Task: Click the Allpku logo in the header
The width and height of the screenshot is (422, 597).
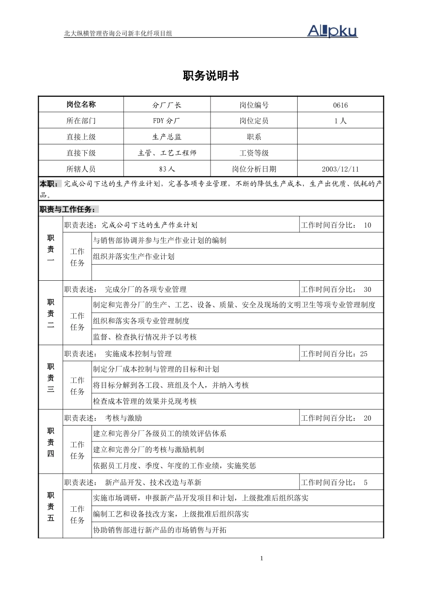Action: click(332, 31)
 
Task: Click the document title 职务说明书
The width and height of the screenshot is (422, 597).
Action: click(211, 76)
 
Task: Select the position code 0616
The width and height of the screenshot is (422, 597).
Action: click(340, 105)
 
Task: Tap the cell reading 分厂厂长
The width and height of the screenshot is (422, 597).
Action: click(167, 105)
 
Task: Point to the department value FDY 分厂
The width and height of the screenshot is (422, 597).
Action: click(167, 121)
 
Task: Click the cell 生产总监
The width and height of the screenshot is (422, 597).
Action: click(167, 137)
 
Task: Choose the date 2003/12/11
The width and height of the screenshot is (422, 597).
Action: click(340, 169)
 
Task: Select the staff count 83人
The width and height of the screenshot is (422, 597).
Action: click(167, 169)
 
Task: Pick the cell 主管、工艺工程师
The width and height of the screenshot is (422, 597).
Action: click(167, 153)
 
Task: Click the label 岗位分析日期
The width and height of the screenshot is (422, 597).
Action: click(254, 169)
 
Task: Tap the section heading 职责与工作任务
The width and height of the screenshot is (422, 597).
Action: click(67, 209)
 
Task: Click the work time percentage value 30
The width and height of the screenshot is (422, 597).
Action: click(367, 290)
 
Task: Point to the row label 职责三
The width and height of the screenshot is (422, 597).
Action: click(51, 378)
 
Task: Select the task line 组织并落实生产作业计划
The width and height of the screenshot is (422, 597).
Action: click(134, 257)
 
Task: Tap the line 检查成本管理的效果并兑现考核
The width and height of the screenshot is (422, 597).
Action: click(145, 401)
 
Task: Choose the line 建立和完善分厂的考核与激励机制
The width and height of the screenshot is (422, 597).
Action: click(148, 450)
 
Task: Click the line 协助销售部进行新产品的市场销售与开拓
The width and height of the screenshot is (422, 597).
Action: click(159, 530)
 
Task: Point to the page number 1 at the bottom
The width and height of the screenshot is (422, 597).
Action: click(262, 558)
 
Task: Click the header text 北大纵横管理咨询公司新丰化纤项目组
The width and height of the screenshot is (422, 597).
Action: click(118, 33)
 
